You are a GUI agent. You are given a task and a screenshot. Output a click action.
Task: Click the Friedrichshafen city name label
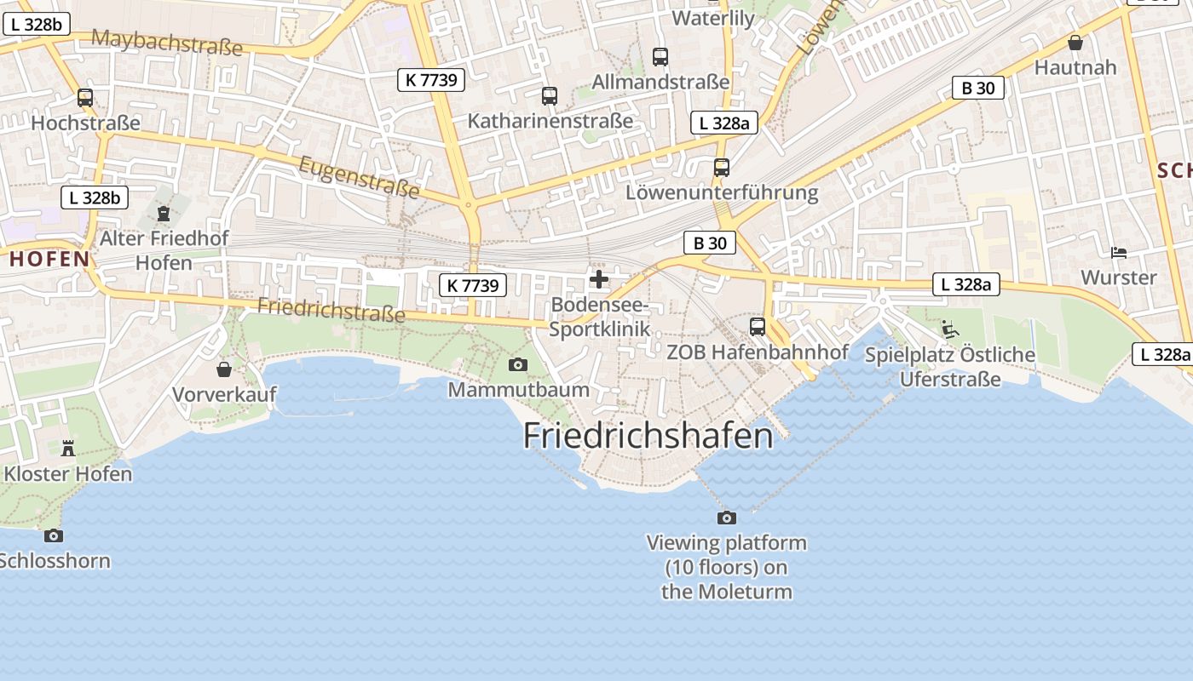coord(648,436)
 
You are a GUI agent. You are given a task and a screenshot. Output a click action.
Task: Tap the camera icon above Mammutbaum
coord(517,365)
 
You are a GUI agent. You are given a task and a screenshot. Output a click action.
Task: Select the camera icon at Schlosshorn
coord(54,535)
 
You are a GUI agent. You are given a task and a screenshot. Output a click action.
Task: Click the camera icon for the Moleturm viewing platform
coord(727,518)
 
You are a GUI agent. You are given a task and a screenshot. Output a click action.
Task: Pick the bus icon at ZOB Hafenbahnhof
coord(757,327)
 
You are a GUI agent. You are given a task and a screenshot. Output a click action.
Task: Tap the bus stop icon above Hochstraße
coord(85,98)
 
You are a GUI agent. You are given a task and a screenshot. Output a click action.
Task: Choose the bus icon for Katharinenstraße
coord(550,96)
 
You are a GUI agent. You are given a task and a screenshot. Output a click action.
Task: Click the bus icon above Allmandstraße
coord(660,57)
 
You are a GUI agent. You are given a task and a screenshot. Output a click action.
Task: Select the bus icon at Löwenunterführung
coord(722,168)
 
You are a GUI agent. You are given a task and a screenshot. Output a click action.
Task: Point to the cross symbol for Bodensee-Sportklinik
coord(599,279)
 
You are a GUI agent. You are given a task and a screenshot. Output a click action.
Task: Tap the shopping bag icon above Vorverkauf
coord(224,369)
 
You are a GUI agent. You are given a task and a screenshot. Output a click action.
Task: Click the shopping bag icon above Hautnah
coord(1075,43)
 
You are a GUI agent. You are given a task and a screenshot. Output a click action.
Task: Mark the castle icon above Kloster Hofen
coord(68,448)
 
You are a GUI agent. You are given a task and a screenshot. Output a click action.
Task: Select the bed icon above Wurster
coord(1119,252)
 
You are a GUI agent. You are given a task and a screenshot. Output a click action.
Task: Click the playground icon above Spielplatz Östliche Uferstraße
coord(949,329)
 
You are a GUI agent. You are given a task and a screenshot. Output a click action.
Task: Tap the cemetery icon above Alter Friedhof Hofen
coord(164,213)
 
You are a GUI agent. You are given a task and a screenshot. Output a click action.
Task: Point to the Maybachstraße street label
coord(167,41)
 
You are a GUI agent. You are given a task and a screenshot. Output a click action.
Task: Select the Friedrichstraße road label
coord(331,310)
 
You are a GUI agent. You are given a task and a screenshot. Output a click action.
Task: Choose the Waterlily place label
coord(713,18)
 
